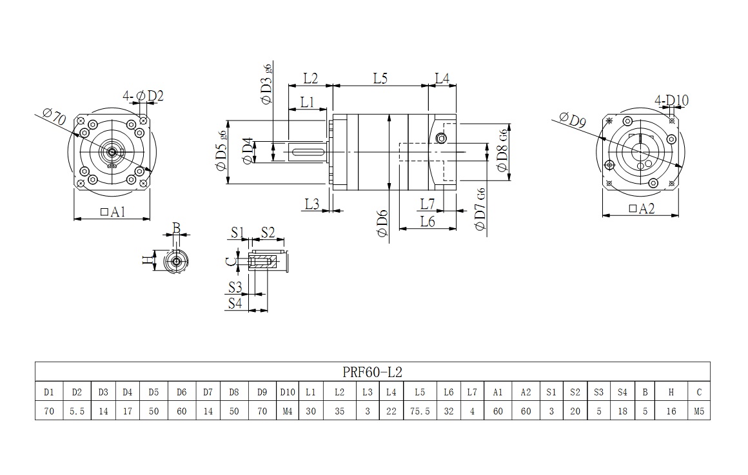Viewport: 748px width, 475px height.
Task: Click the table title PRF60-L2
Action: pyautogui.click(x=373, y=372)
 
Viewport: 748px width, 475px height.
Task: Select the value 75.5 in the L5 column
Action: pyautogui.click(x=420, y=411)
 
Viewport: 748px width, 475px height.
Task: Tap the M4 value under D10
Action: pyautogui.click(x=286, y=411)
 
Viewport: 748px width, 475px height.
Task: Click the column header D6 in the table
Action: pyautogui.click(x=182, y=392)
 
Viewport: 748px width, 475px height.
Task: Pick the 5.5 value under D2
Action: pyautogui.click(x=77, y=411)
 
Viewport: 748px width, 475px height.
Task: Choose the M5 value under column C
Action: pyautogui.click(x=699, y=411)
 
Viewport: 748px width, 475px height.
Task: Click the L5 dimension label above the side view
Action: pyautogui.click(x=380, y=78)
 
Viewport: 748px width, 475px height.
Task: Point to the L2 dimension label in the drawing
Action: pyautogui.click(x=311, y=78)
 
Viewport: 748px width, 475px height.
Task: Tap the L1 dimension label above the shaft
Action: pyautogui.click(x=307, y=102)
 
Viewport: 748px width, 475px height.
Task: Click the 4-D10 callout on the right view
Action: pyautogui.click(x=671, y=101)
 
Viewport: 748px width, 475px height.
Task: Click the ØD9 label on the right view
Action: pyautogui.click(x=572, y=120)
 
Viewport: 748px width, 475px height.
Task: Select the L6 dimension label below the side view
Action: pyautogui.click(x=428, y=221)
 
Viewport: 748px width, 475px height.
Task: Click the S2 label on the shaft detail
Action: pyautogui.click(x=268, y=232)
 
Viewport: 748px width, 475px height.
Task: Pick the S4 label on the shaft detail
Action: pyautogui.click(x=236, y=302)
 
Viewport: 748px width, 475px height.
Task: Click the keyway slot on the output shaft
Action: pyautogui.click(x=309, y=152)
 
